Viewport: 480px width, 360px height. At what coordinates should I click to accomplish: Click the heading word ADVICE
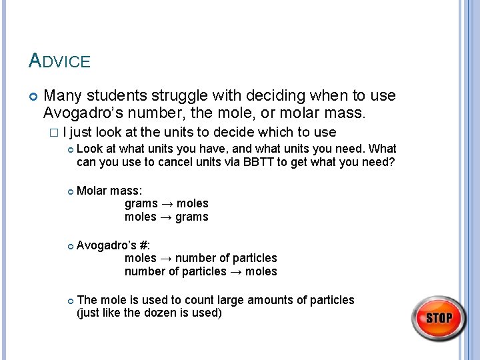(59, 61)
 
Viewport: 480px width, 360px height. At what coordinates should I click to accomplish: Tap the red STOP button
(439, 318)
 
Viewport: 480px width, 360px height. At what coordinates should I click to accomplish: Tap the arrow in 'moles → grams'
(166, 217)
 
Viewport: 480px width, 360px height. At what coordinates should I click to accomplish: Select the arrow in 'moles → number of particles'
(166, 258)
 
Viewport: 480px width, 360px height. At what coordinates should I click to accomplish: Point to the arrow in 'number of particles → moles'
(236, 271)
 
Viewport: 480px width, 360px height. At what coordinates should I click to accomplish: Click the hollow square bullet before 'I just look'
(55, 133)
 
